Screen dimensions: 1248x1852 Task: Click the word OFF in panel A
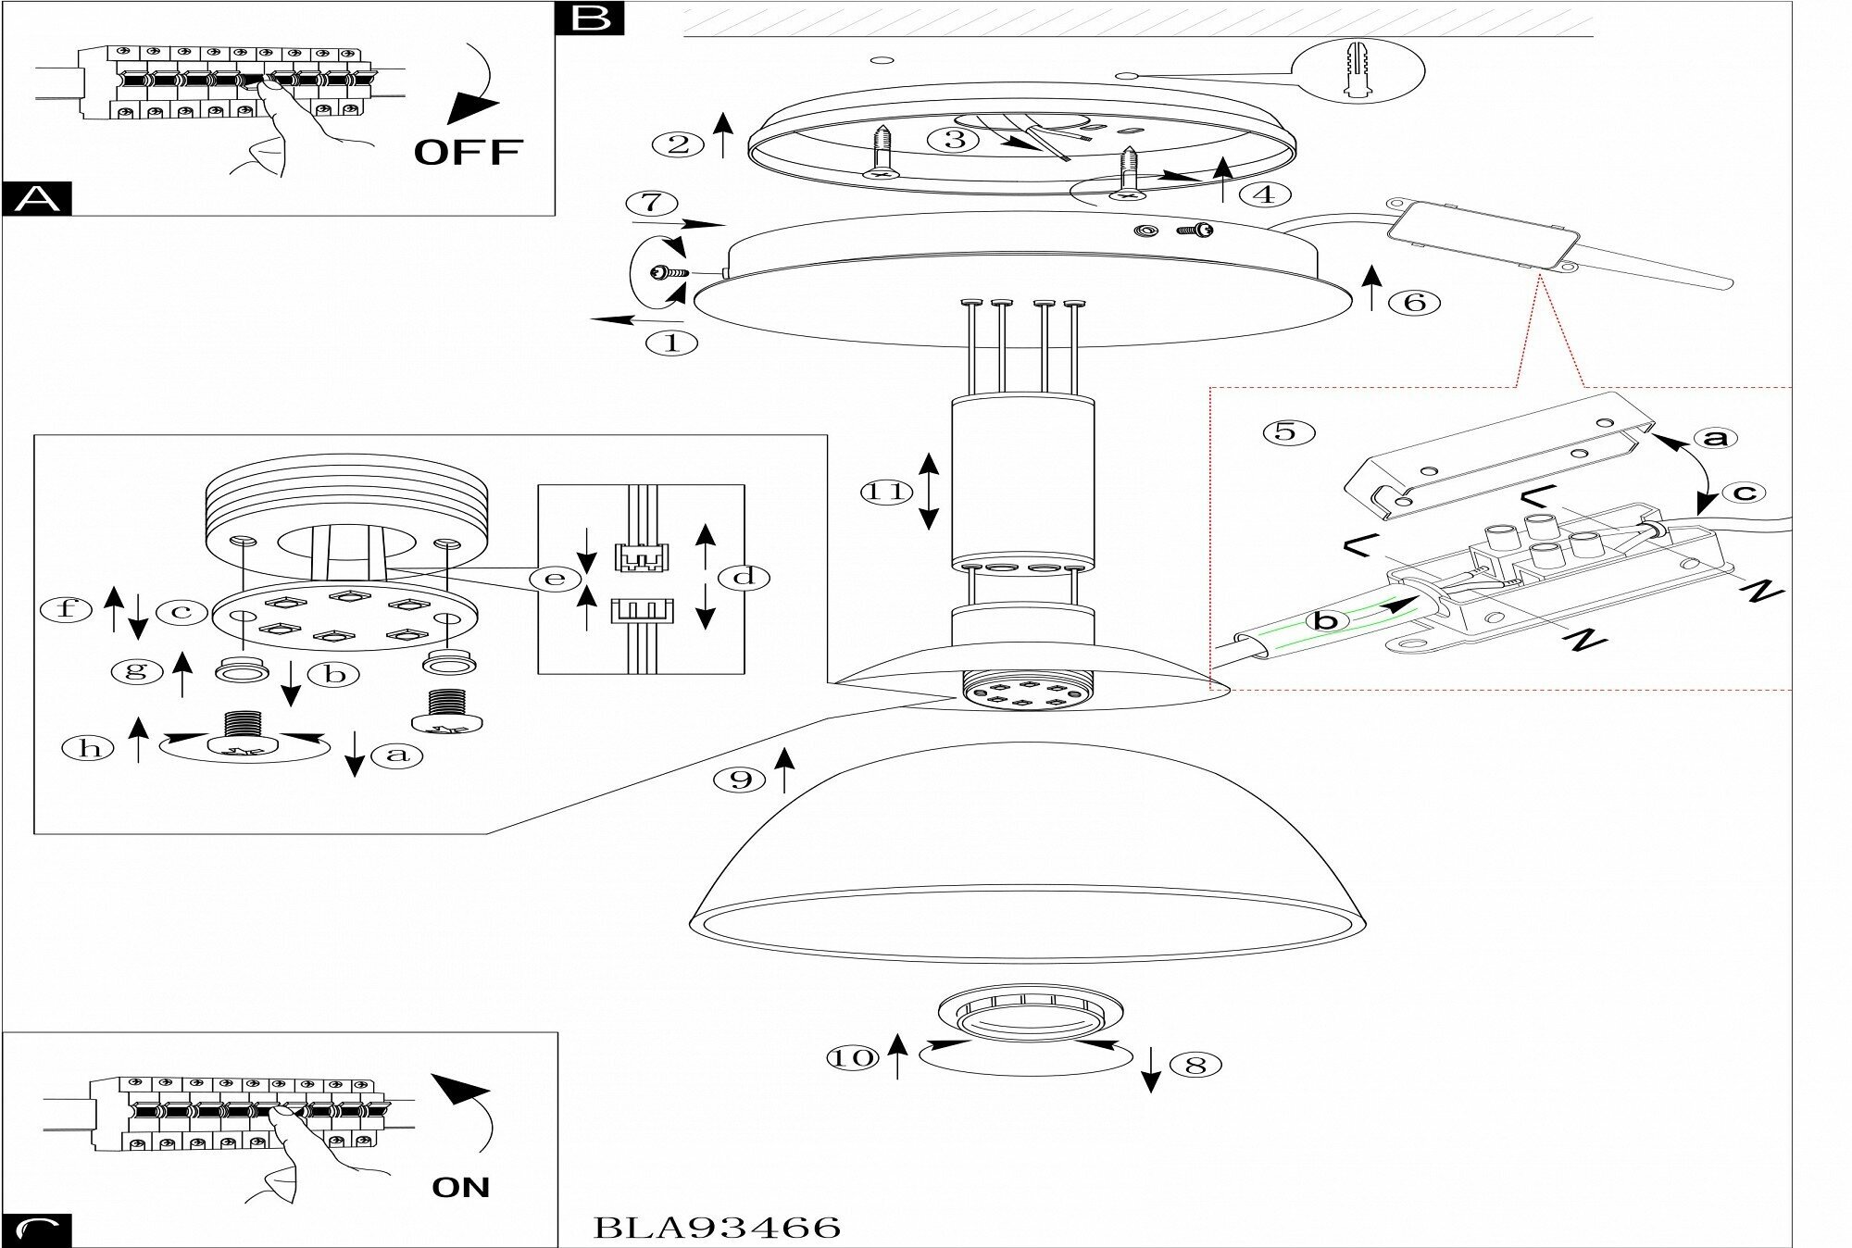[468, 151]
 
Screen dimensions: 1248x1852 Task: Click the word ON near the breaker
[460, 1187]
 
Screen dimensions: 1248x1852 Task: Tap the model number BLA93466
[716, 1228]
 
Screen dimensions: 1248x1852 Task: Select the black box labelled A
[36, 199]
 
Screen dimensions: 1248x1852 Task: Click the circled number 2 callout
[679, 144]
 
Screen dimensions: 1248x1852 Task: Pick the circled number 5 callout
[1288, 431]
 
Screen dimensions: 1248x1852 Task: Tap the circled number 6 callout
[1414, 302]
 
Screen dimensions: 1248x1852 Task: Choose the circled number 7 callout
[651, 204]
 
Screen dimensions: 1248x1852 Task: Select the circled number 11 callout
[886, 492]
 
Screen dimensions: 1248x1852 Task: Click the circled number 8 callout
[1195, 1065]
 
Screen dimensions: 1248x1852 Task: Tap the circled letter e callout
[554, 579]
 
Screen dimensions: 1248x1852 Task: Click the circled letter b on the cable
[1327, 620]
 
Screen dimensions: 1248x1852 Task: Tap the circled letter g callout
[136, 670]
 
